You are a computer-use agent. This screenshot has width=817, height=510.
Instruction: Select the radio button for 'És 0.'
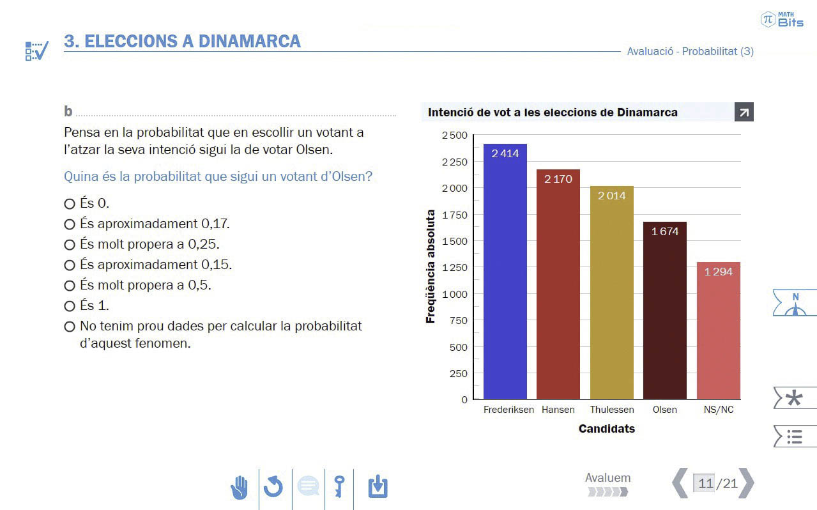[x=70, y=204]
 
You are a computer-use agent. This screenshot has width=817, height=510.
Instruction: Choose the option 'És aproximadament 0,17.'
[x=70, y=224]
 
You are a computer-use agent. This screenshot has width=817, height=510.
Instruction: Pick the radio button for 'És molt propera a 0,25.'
[x=70, y=245]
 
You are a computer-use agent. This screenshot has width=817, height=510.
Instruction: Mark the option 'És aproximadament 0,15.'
[x=70, y=265]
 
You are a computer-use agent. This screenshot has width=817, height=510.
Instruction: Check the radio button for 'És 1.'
[x=70, y=306]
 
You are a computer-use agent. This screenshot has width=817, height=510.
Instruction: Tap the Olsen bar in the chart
[x=664, y=313]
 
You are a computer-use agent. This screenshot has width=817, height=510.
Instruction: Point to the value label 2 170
[x=558, y=180]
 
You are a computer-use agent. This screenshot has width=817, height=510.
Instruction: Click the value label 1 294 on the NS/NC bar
[x=719, y=272]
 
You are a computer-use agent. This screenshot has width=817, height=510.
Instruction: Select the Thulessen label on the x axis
[x=612, y=410]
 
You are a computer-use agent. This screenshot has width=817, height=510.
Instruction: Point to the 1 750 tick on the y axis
[x=454, y=215]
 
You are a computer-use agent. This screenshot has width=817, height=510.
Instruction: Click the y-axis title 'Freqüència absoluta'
[x=431, y=267]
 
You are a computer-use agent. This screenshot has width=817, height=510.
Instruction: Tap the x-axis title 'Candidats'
[x=607, y=429]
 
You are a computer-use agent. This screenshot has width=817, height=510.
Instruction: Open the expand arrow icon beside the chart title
[x=744, y=112]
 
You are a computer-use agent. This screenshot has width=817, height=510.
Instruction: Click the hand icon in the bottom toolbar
[x=240, y=488]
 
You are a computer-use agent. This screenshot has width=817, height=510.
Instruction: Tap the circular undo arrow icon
[x=273, y=488]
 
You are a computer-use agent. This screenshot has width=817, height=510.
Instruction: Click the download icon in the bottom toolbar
[x=378, y=487]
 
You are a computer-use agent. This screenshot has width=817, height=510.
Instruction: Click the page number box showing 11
[x=705, y=483]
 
